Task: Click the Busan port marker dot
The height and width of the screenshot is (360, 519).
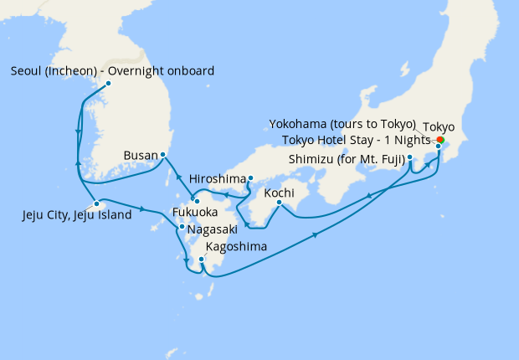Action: (162, 155)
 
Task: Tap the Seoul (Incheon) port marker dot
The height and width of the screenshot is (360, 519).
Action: (108, 83)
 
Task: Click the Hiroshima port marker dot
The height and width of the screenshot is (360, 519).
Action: (250, 177)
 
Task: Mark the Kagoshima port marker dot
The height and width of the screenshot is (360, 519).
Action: (201, 260)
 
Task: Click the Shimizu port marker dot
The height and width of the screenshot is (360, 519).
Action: (410, 157)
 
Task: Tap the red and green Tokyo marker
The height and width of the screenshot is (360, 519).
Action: (440, 140)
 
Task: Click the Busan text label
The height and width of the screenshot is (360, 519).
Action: (140, 156)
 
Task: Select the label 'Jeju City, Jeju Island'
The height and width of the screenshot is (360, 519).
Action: (77, 215)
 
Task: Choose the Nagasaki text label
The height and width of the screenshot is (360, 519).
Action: (213, 229)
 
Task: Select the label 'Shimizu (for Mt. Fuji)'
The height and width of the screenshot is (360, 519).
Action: (347, 159)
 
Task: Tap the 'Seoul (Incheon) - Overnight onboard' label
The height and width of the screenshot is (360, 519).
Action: (112, 70)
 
